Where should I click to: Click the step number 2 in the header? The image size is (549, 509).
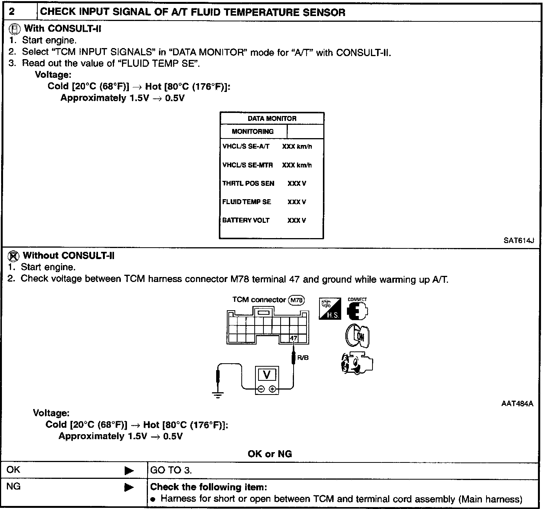point(12,12)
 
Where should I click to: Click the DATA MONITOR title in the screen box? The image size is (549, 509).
point(272,119)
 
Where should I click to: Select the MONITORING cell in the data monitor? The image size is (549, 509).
point(253,132)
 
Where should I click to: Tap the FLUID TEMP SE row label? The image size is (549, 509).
point(247,202)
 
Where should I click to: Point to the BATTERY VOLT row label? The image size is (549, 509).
point(246,220)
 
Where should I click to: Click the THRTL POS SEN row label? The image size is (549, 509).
point(248,184)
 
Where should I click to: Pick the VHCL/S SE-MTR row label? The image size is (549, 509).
point(247,165)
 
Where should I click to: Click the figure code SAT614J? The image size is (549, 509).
point(518,240)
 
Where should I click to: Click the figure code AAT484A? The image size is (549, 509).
point(517,404)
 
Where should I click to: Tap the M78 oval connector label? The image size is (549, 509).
point(296,300)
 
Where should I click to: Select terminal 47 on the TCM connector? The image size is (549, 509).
point(293,338)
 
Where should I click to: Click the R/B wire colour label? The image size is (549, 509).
point(303,358)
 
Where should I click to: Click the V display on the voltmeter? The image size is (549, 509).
point(266,375)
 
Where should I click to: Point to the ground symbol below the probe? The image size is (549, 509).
point(218,395)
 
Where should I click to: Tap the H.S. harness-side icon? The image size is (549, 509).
point(330,309)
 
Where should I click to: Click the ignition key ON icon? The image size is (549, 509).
point(357,336)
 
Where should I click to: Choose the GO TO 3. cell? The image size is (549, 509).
point(171,470)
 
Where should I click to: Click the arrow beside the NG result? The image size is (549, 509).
point(129,487)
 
